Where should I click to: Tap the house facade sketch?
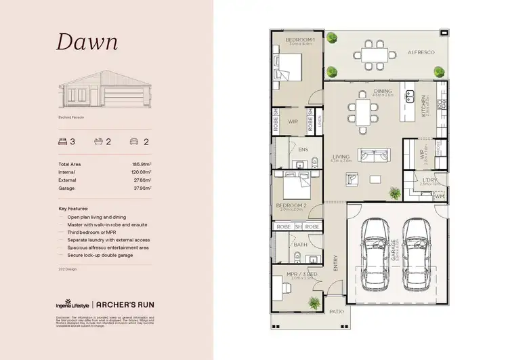tap(106, 94)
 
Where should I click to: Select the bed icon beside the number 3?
tap(63, 142)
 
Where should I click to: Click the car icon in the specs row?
tap(134, 142)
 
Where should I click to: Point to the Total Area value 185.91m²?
tap(141, 165)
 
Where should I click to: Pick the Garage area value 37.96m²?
tap(141, 188)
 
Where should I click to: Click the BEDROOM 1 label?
tap(298, 41)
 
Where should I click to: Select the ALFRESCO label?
tap(420, 52)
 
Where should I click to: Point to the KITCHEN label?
tap(424, 106)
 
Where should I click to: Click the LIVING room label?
tap(340, 157)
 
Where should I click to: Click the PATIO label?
tap(337, 311)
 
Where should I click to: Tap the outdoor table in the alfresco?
tap(373, 53)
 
